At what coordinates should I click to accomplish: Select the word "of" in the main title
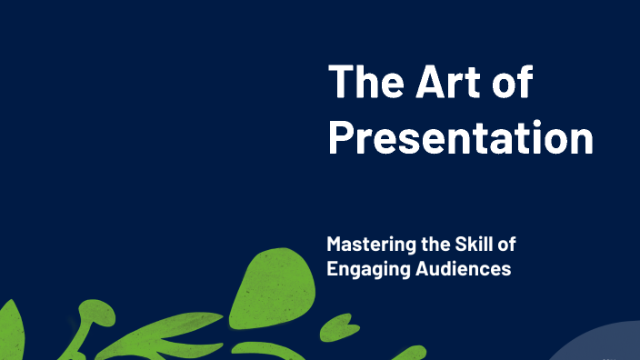[x=515, y=83]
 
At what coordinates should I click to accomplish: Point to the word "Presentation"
[x=460, y=138]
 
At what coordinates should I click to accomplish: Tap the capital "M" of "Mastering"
[x=335, y=245]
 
